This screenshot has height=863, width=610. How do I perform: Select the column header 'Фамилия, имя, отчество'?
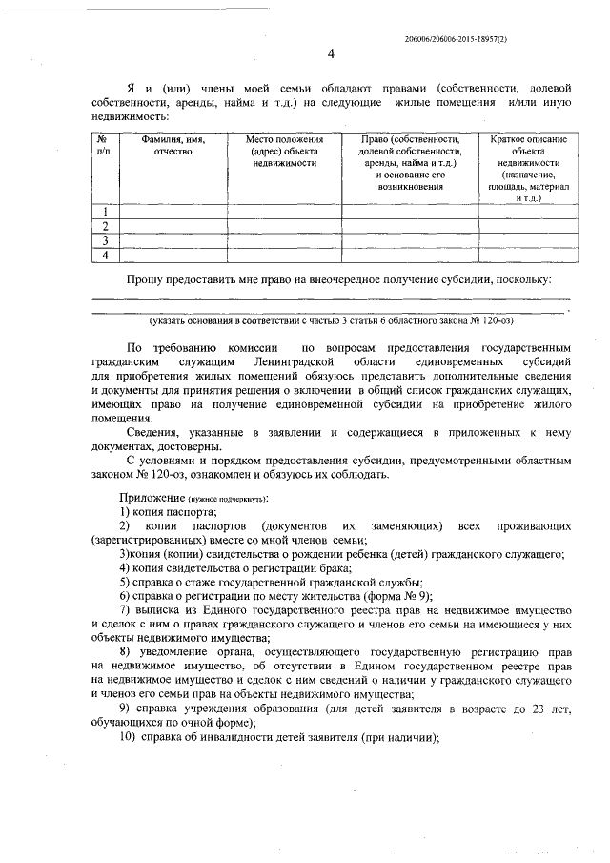pos(173,145)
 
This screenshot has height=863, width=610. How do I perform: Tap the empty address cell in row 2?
pos(284,226)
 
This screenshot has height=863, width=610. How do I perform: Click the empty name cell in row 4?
pos(173,255)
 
